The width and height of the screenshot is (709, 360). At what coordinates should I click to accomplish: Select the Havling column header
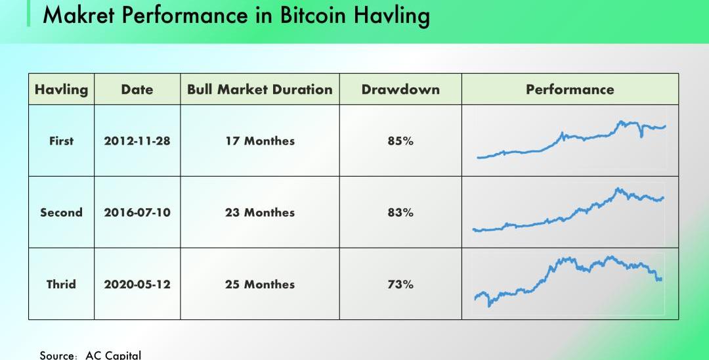61,89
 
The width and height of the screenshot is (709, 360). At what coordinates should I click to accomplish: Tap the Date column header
137,89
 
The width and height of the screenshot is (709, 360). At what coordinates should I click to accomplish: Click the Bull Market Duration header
260,89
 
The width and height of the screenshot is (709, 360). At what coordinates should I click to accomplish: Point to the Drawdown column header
400,89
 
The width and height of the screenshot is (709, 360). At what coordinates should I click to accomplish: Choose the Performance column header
570,89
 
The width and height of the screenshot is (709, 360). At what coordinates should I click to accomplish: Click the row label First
61,141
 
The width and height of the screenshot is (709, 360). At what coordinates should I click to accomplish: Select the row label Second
61,212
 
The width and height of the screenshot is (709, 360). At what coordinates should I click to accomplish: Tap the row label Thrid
61,284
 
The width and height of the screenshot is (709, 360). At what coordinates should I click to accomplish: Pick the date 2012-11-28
137,141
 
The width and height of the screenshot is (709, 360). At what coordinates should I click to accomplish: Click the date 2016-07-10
137,212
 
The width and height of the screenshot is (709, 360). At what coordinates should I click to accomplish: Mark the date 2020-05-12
137,284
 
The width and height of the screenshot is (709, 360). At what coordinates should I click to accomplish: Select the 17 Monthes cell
260,141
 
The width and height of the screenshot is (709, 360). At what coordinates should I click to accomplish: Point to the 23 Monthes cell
260,212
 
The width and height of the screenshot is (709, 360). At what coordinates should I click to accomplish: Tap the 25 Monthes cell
260,284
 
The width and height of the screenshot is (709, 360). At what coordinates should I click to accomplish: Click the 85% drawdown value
400,141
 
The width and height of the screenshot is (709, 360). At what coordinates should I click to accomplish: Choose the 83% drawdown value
400,212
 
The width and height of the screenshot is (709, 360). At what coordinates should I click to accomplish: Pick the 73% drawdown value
400,284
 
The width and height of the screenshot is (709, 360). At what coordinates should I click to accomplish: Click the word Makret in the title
79,14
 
